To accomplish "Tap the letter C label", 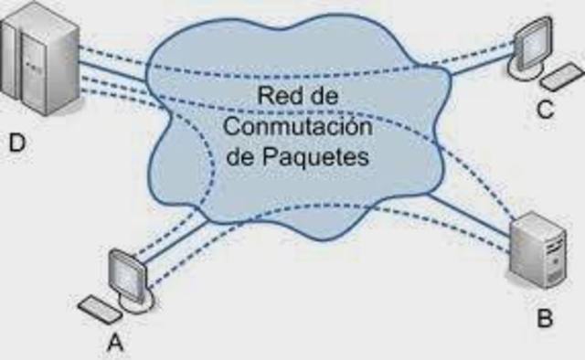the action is point(545,110).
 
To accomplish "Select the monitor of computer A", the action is point(125,271).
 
